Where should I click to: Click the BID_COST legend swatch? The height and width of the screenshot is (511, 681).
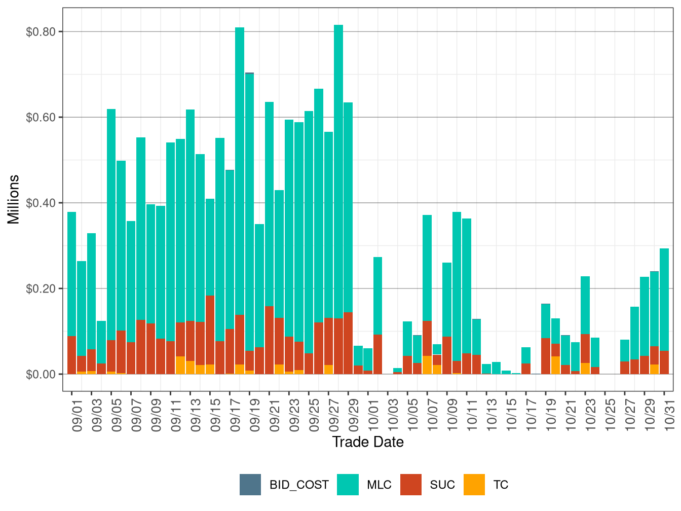pos(250,485)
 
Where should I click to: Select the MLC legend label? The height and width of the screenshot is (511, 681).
pos(379,485)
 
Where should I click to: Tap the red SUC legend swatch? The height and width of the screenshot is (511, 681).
pos(410,485)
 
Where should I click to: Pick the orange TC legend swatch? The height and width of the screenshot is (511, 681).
pos(474,485)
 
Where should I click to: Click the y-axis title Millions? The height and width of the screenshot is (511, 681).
pos(14,199)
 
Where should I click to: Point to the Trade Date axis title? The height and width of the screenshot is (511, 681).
pos(368,442)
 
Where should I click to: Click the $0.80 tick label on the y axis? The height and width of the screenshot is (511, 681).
pos(41,32)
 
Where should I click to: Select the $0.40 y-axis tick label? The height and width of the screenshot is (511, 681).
pos(41,203)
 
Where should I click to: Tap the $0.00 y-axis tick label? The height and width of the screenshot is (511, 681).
pos(41,375)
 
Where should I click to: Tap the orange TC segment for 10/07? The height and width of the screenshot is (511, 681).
pos(427,365)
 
